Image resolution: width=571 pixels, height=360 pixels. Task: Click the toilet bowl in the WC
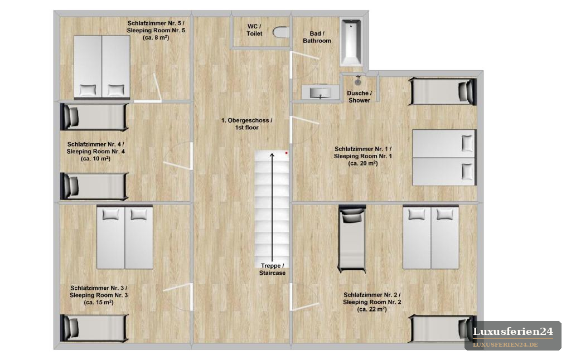pyautogui.click(x=281, y=32)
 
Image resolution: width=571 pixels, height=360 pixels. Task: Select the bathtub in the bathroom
pyautogui.click(x=351, y=42)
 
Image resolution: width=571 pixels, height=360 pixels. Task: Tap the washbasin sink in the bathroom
pyautogui.click(x=320, y=92)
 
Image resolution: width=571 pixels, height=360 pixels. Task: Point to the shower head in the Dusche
pyautogui.click(x=359, y=81)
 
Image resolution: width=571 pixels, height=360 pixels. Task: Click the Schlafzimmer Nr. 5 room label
pyautogui.click(x=156, y=30)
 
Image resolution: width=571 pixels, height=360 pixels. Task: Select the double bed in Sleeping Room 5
pyautogui.click(x=102, y=67)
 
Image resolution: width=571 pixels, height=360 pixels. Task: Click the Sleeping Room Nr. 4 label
pyautogui.click(x=96, y=152)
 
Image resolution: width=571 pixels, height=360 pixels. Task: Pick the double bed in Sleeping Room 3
pyautogui.click(x=124, y=238)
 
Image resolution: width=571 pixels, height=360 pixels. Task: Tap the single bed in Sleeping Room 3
pyautogui.click(x=94, y=328)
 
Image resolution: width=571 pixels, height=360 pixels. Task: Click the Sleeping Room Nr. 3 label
pyautogui.click(x=99, y=295)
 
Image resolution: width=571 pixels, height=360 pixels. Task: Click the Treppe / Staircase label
pyautogui.click(x=272, y=269)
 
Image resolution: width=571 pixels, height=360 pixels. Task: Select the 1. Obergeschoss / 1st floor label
pyautogui.click(x=246, y=124)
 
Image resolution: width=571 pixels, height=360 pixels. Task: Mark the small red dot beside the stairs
pyautogui.click(x=287, y=153)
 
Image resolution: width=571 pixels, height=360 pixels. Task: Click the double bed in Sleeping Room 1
pyautogui.click(x=444, y=158)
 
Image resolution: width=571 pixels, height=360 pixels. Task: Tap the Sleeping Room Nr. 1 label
pyautogui.click(x=363, y=156)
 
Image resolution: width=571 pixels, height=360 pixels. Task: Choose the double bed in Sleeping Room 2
pyautogui.click(x=431, y=238)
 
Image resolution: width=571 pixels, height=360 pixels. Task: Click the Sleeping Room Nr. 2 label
pyautogui.click(x=372, y=302)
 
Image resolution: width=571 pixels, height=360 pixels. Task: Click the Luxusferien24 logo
pyautogui.click(x=513, y=335)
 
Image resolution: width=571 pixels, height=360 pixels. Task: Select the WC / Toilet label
pyautogui.click(x=254, y=30)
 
